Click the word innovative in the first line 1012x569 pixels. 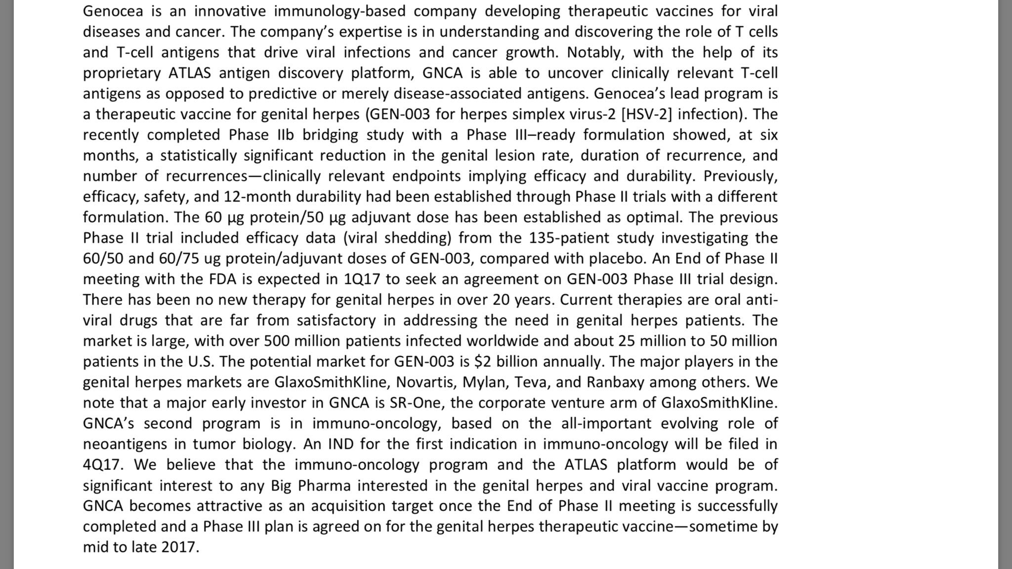coord(228,11)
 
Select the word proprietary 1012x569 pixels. coord(122,73)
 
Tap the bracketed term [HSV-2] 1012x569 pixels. coord(646,114)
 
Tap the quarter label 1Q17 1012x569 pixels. coord(362,279)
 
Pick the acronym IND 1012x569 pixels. coord(340,444)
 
